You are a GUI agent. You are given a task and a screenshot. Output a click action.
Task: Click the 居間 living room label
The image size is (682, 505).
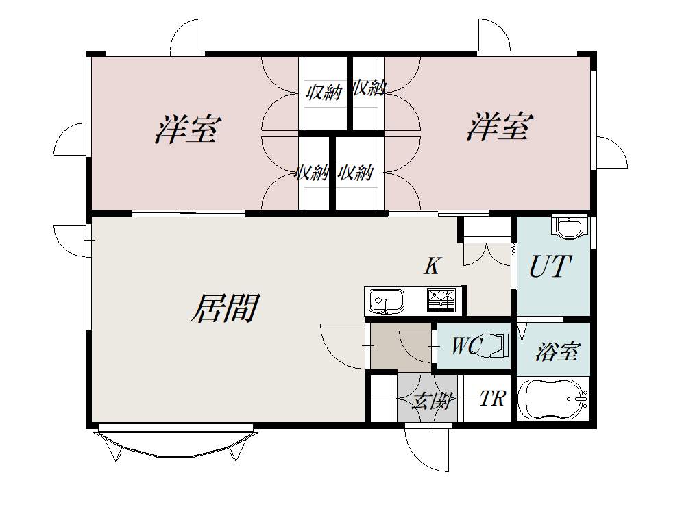pyautogui.click(x=226, y=308)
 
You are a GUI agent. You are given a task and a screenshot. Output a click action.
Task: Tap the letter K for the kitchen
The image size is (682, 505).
pyautogui.click(x=433, y=266)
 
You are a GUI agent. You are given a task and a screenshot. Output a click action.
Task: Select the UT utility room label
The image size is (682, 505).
pyautogui.click(x=550, y=266)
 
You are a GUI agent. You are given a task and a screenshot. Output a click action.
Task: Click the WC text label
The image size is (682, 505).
pyautogui.click(x=466, y=346)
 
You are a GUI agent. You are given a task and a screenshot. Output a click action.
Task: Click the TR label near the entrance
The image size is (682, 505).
pyautogui.click(x=493, y=398)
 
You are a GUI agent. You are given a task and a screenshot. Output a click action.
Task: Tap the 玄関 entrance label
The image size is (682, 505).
pyautogui.click(x=432, y=400)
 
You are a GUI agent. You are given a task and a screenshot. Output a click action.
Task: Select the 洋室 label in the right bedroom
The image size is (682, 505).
pyautogui.click(x=500, y=127)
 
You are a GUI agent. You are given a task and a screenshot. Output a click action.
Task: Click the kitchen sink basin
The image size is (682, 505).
pyautogui.click(x=386, y=301)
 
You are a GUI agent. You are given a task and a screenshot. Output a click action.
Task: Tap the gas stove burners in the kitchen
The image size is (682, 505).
pyautogui.click(x=442, y=301)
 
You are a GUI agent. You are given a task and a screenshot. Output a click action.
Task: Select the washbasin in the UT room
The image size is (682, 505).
pyautogui.click(x=569, y=227)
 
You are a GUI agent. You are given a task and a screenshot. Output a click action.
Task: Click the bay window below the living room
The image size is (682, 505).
pyautogui.click(x=175, y=441)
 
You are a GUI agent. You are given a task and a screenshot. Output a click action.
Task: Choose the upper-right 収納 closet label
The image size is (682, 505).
pyautogui.click(x=369, y=88)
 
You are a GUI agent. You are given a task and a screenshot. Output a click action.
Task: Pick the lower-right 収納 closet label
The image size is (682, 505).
pyautogui.click(x=356, y=173)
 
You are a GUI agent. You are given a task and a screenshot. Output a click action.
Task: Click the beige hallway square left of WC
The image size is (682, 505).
pyautogui.click(x=400, y=347)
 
